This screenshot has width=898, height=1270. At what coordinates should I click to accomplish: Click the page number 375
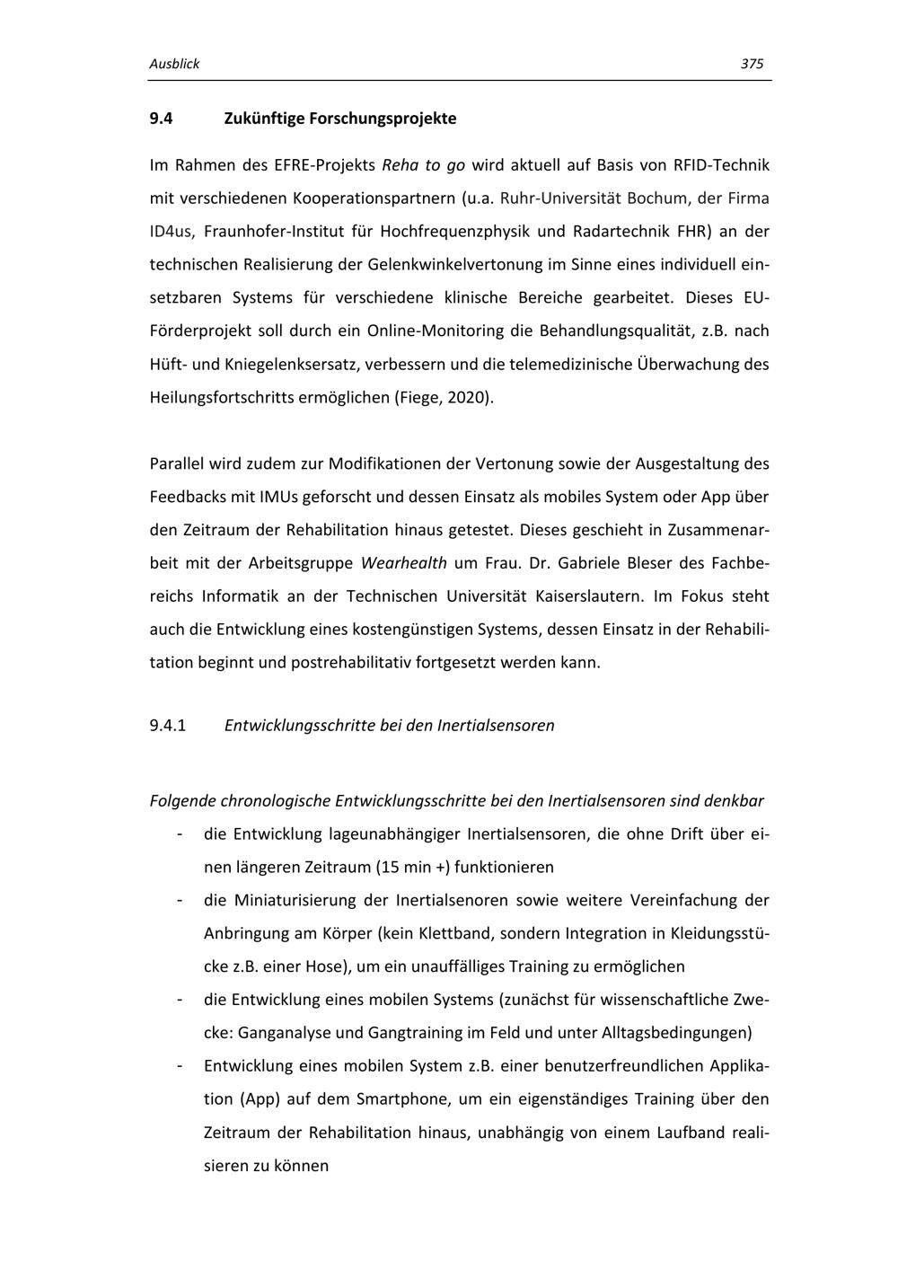(752, 64)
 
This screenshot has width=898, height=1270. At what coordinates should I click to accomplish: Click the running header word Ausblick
(174, 64)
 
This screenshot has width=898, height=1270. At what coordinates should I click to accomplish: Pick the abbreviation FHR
(691, 232)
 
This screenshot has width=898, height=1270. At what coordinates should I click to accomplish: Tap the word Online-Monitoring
(436, 331)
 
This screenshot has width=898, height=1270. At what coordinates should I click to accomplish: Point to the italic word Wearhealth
(404, 563)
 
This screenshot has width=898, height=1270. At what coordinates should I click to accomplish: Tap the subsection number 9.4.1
(168, 725)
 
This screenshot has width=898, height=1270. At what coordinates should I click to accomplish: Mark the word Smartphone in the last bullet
(399, 1099)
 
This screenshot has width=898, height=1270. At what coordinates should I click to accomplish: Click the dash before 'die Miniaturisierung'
(180, 900)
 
